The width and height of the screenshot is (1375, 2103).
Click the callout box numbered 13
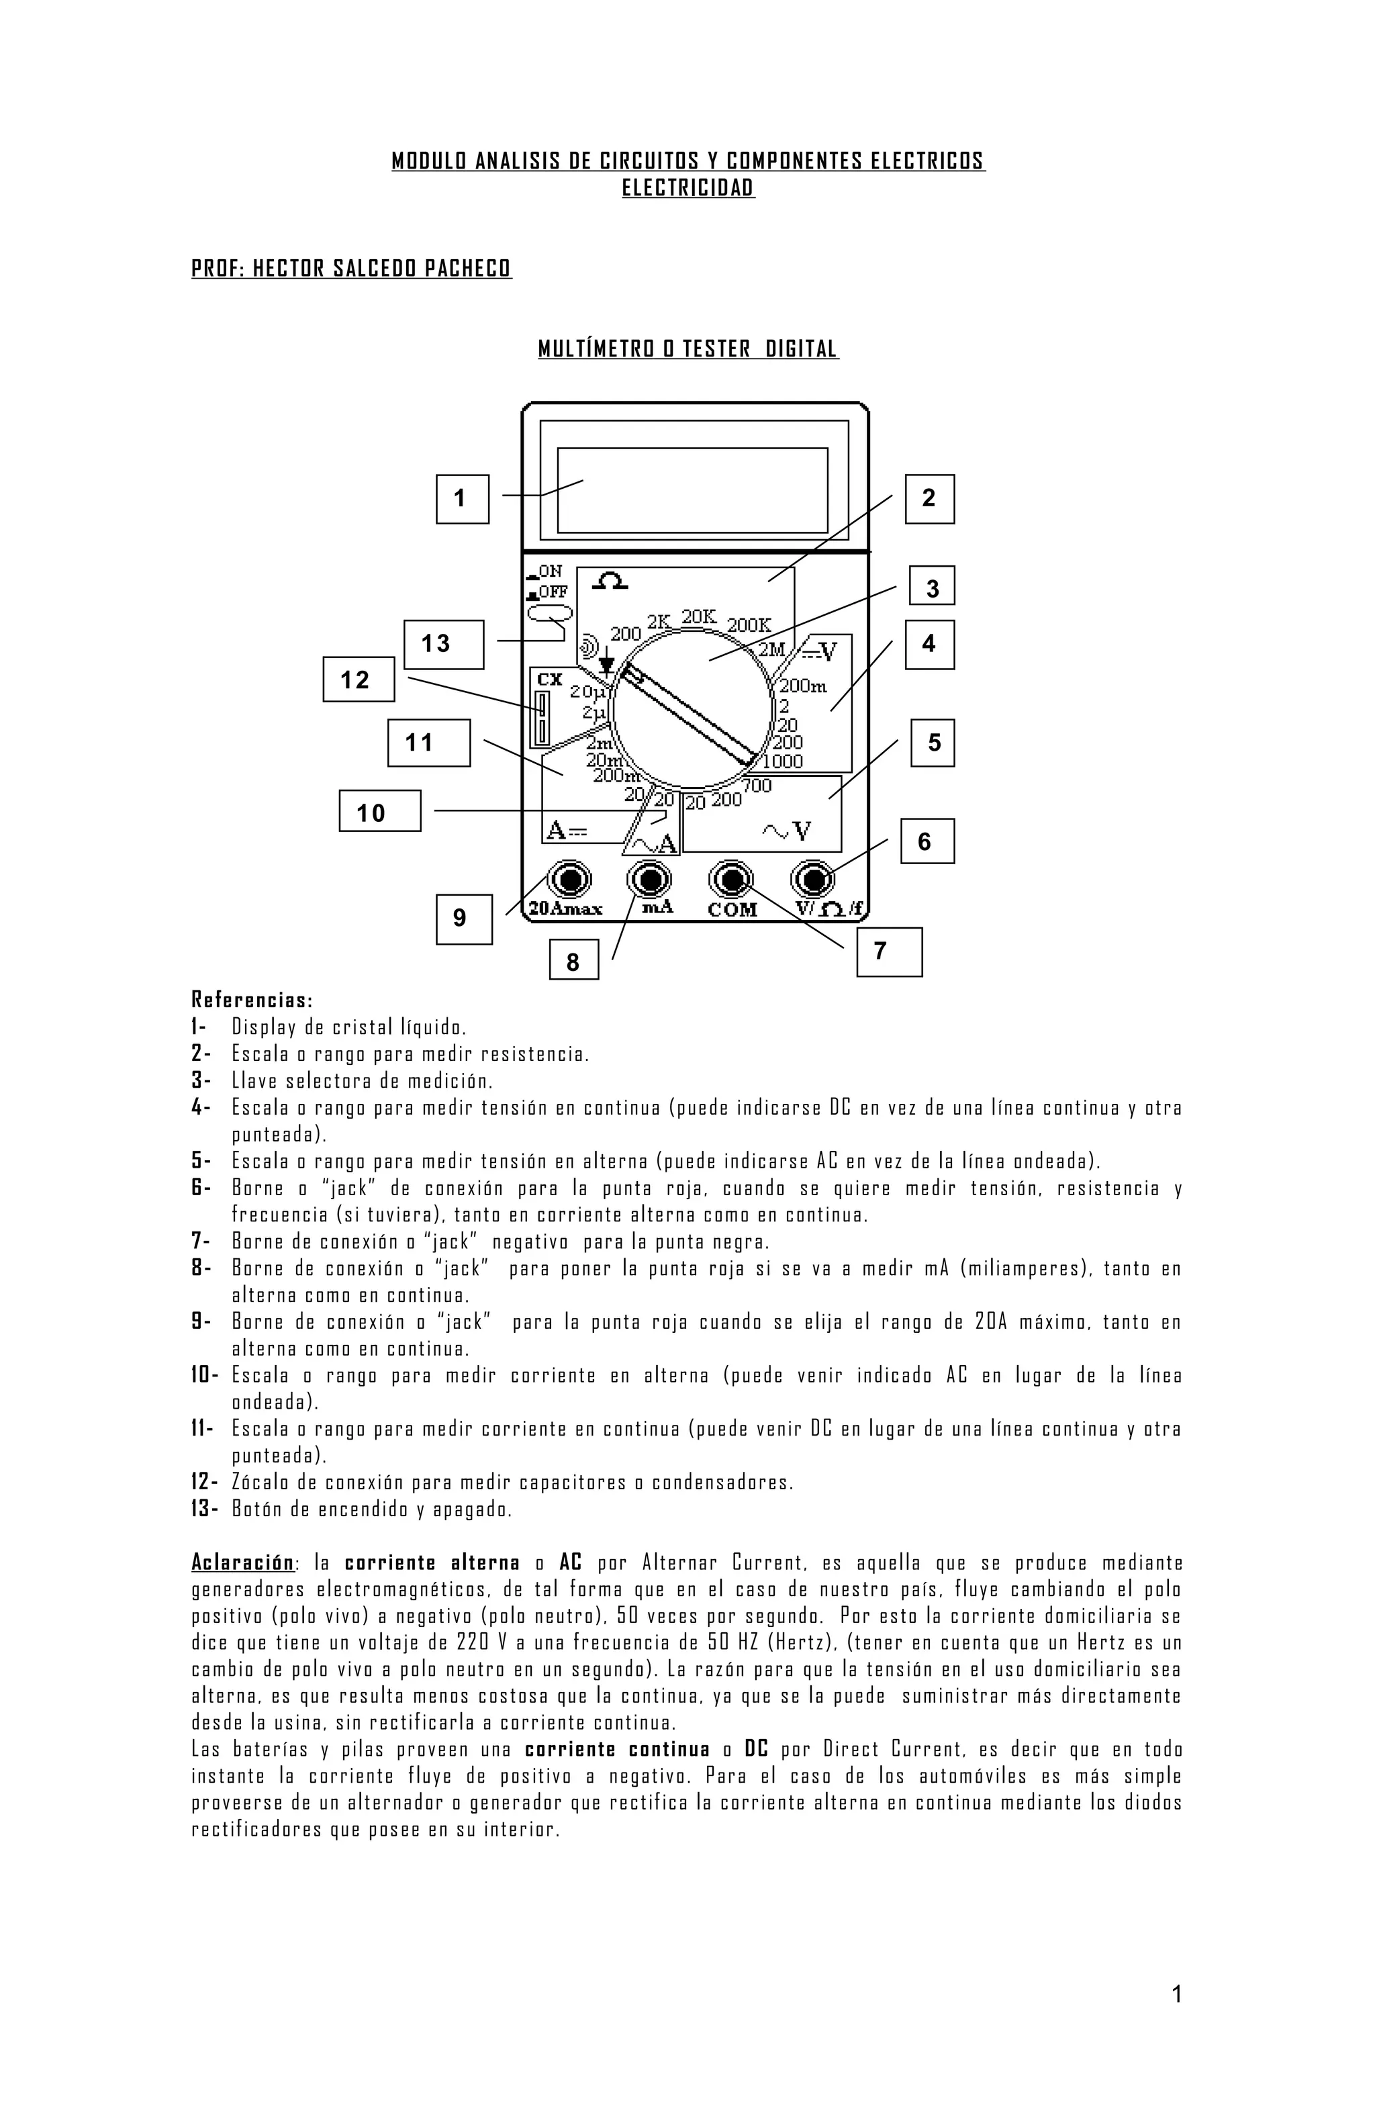pyautogui.click(x=444, y=644)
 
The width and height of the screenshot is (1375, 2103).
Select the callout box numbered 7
pyautogui.click(x=889, y=951)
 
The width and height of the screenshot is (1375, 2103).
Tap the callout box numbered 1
pyautogui.click(x=462, y=500)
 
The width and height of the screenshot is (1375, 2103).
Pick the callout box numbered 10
pyautogui.click(x=380, y=811)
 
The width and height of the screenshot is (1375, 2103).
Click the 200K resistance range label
pyautogui.click(x=749, y=624)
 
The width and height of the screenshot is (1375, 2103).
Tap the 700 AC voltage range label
pyautogui.click(x=757, y=785)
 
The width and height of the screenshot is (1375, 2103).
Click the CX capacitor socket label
pyautogui.click(x=550, y=680)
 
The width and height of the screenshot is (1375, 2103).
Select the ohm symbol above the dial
pyautogui.click(x=610, y=581)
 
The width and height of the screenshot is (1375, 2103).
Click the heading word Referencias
pyautogui.click(x=252, y=1000)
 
